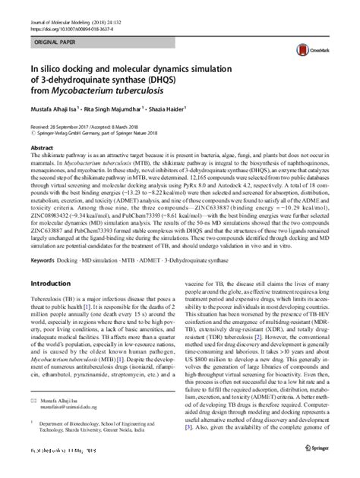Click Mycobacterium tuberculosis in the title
(x=107, y=88)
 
